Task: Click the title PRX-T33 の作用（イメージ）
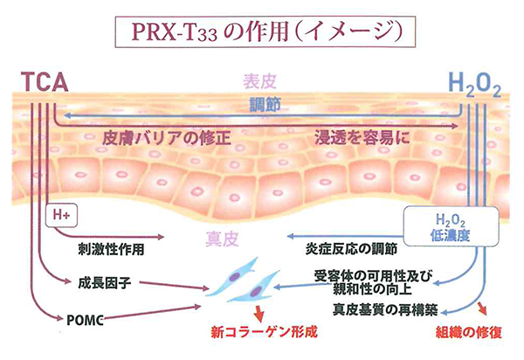[261, 31]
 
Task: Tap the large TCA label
[44, 84]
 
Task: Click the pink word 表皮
[261, 83]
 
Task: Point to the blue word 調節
[261, 104]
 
